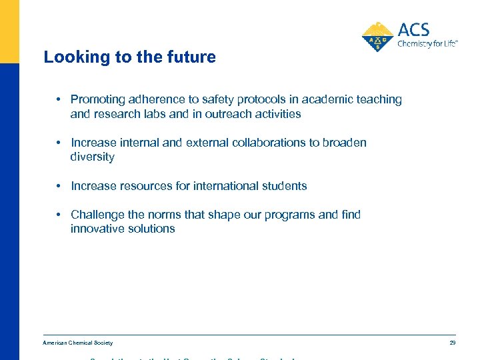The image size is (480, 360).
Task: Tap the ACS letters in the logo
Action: [x=413, y=29]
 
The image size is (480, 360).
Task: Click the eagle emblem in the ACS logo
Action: [x=378, y=36]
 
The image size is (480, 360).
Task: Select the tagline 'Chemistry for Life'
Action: [x=427, y=44]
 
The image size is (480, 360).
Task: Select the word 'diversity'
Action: [x=92, y=157]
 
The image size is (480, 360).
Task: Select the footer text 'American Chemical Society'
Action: [x=78, y=343]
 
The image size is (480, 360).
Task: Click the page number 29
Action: [x=452, y=343]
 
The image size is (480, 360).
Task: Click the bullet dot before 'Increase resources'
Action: [x=59, y=186]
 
